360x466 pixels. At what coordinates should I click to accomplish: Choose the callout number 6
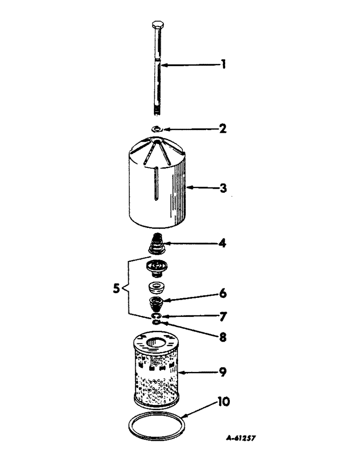(223, 295)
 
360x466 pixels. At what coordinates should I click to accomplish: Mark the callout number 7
(223, 317)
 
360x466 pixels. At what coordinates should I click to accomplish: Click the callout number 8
(223, 336)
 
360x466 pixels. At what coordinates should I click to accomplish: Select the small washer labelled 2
(157, 129)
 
